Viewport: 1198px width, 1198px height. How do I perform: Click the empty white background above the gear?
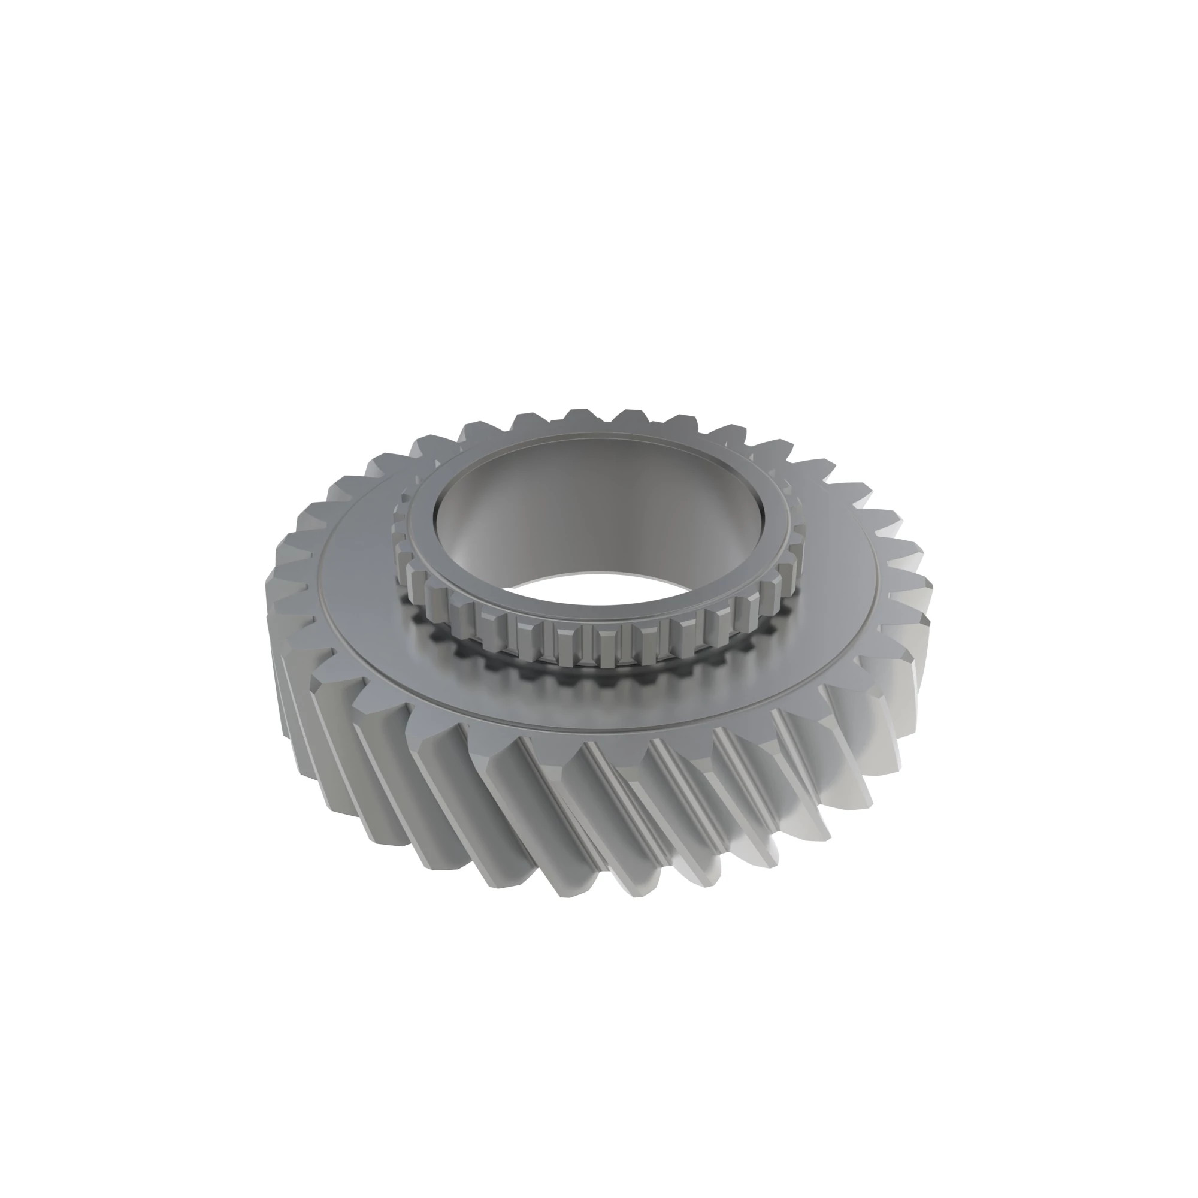595,186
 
